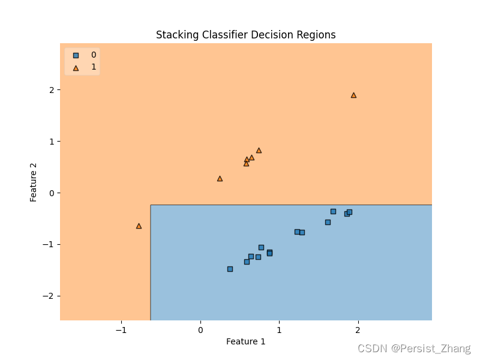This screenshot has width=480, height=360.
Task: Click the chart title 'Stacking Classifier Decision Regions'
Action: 245,35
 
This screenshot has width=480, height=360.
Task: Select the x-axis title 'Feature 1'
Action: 245,341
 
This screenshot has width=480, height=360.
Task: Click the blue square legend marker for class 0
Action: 76,55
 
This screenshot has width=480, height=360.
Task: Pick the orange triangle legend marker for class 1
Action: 76,68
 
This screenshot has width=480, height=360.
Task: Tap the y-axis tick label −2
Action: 48,296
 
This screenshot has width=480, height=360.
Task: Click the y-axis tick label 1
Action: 51,141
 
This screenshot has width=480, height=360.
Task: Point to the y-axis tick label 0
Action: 51,193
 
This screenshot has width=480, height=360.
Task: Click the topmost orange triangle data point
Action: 353,95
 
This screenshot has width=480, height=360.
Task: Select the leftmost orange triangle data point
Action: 139,226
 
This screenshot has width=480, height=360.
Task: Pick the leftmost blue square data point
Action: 230,269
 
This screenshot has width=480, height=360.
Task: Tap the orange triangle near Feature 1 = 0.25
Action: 220,178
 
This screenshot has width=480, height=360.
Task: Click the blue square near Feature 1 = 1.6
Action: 328,222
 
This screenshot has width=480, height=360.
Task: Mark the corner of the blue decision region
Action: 151,205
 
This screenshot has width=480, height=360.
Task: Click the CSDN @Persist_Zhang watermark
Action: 414,348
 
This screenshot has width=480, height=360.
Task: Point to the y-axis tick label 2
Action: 51,89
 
